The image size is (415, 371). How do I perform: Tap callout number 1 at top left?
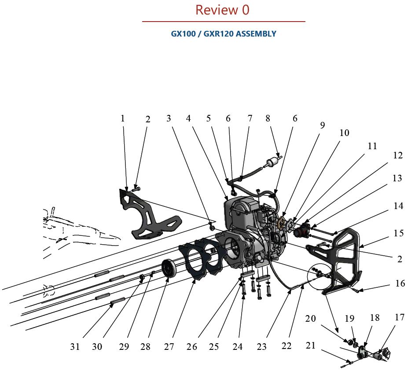coord(123,118)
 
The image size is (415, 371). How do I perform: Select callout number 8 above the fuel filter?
coord(268,118)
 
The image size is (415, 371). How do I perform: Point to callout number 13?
coord(397,178)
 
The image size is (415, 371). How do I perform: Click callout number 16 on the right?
coord(400,283)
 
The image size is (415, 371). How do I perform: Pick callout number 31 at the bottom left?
coord(75,347)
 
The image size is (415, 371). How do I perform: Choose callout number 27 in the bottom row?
coord(169,347)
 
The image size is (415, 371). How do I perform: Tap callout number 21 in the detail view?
coord(311,345)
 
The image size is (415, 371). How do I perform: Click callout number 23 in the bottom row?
coord(261,347)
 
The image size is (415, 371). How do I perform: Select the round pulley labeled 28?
coord(169,269)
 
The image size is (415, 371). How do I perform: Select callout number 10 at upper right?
coord(344,132)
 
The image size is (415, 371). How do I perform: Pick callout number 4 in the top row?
coord(188,118)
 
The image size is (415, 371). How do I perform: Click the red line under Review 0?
coord(223,21)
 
